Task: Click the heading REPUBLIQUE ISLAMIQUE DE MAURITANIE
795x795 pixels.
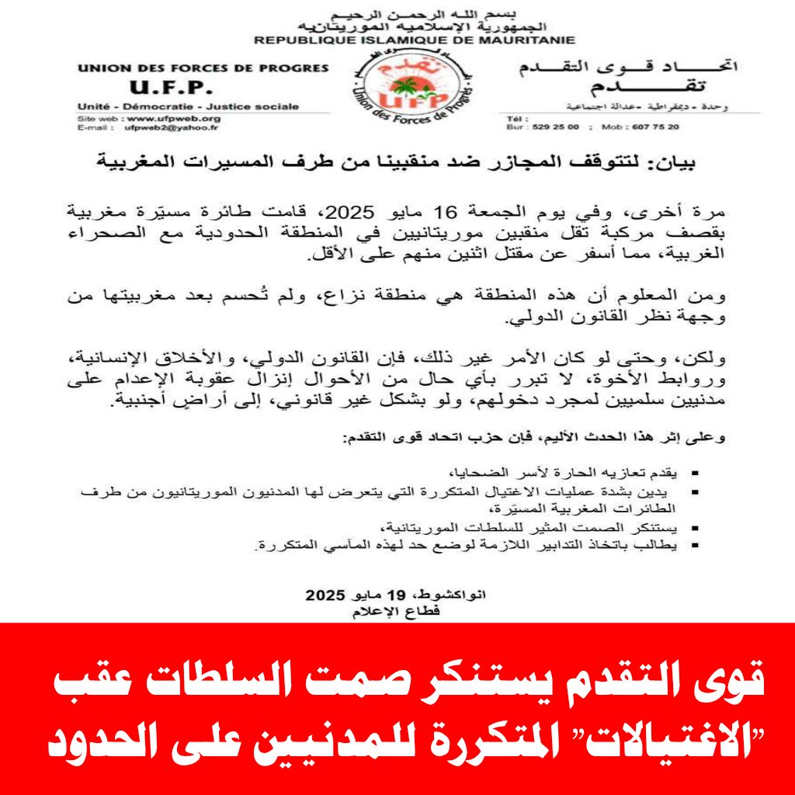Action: [x=415, y=40]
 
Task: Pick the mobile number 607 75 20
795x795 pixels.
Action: [x=653, y=127]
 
